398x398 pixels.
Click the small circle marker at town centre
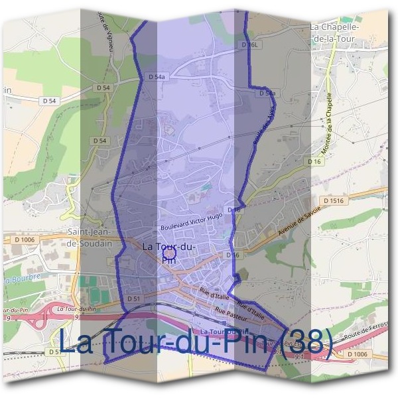tap(169, 253)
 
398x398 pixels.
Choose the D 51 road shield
tap(133, 300)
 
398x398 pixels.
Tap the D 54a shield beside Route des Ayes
tap(267, 94)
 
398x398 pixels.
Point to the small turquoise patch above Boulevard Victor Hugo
tap(206, 188)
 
